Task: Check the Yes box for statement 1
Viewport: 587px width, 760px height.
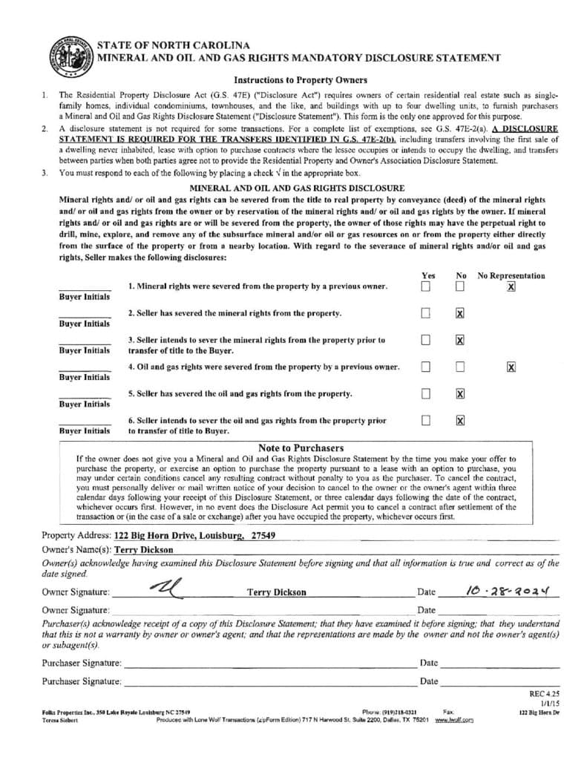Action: pos(426,286)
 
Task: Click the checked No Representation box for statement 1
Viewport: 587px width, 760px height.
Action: pos(511,286)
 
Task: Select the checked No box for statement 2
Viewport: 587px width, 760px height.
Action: pos(460,313)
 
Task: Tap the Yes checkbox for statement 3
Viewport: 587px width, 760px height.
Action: pos(426,340)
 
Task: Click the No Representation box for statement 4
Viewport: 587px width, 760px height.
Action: pos(511,367)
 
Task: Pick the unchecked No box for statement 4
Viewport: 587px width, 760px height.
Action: pos(460,367)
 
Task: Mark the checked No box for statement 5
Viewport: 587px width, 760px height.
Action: pos(460,393)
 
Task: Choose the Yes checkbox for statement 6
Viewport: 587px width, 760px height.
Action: pos(426,420)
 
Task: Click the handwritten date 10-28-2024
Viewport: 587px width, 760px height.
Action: pos(511,591)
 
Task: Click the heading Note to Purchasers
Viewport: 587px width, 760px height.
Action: pos(301,448)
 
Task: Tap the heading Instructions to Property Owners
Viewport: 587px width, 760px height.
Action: pos(300,80)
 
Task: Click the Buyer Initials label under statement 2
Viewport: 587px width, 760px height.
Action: pos(85,324)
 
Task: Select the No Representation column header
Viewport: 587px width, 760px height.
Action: pos(511,275)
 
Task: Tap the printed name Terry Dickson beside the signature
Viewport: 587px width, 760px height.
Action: pos(276,592)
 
